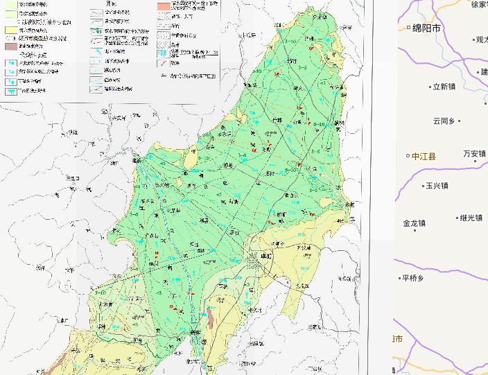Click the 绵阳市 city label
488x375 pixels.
click(x=427, y=28)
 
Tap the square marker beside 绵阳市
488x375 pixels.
click(x=408, y=28)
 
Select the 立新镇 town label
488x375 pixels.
click(x=444, y=87)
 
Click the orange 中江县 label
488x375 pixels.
click(x=424, y=157)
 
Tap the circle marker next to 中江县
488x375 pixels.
click(x=408, y=156)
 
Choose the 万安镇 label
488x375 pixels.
click(x=475, y=154)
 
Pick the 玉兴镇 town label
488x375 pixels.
click(x=437, y=186)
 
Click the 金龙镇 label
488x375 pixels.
click(x=415, y=223)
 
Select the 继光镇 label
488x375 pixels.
click(x=471, y=218)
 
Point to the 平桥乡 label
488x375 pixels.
click(x=412, y=279)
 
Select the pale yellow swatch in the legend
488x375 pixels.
click(x=10, y=30)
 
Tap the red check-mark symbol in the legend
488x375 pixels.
click(x=162, y=64)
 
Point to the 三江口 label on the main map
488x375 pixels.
click(x=73, y=178)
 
